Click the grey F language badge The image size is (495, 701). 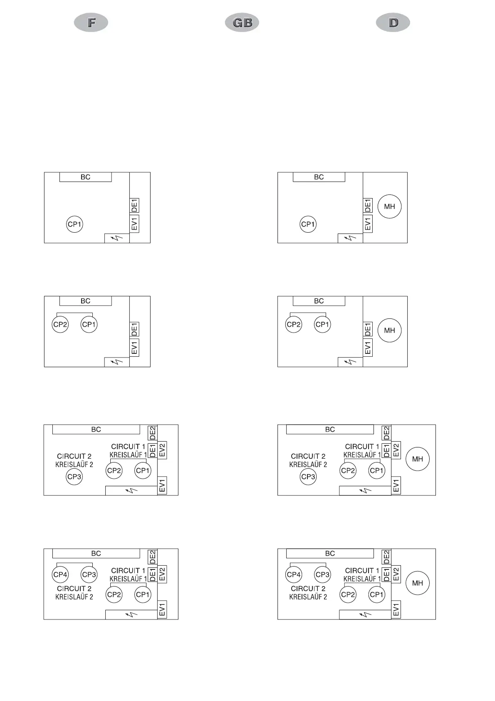tap(91, 22)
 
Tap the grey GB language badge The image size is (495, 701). tap(242, 22)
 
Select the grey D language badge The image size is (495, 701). tap(393, 22)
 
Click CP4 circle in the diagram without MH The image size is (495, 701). tap(60, 574)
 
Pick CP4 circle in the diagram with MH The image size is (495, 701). tap(294, 574)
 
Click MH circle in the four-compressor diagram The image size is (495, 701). tap(417, 583)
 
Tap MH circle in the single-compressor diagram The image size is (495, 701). tap(389, 206)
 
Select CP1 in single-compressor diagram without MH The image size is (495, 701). tap(74, 224)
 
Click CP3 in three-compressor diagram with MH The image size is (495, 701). tap(308, 477)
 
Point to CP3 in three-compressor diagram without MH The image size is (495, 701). tap(74, 477)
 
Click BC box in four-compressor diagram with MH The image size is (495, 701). tap(330, 553)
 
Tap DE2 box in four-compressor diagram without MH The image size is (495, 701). tap(153, 557)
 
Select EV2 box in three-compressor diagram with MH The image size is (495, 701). tap(396, 450)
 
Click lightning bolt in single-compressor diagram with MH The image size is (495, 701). tap(350, 238)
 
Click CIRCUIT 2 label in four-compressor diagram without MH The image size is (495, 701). tap(74, 589)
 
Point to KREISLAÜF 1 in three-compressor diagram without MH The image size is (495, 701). tap(128, 455)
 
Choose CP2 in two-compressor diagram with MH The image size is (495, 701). tap(294, 324)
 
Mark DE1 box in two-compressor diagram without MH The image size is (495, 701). tap(134, 329)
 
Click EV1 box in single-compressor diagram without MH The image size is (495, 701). tap(134, 224)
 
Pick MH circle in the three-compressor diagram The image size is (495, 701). tap(417, 459)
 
